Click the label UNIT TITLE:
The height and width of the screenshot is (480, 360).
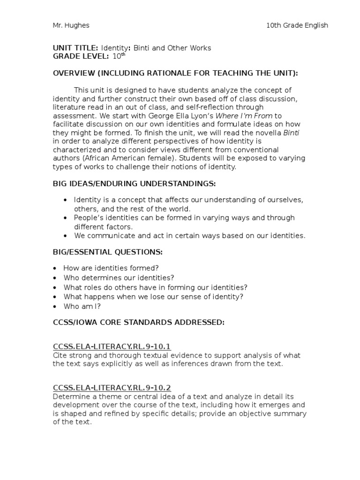coord(75,48)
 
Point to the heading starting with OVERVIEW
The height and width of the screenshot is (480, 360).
coord(175,73)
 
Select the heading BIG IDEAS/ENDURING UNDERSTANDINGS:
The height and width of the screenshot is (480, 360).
coord(135,183)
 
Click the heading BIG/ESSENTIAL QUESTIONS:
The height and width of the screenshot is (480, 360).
coord(108,252)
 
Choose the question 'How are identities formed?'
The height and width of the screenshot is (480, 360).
coord(111,269)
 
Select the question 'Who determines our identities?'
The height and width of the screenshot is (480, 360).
coord(119,278)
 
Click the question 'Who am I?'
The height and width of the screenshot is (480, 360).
coord(82,306)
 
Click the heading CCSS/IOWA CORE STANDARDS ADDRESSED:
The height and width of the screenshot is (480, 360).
coord(139,322)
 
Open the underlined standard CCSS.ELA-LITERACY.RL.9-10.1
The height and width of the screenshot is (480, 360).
coord(112,347)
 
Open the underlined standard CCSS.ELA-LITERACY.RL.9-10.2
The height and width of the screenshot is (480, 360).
coord(112,388)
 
